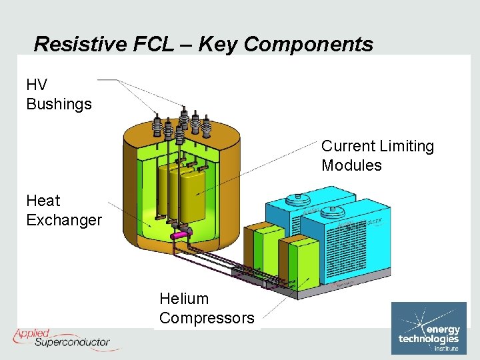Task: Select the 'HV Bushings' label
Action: (x=59, y=95)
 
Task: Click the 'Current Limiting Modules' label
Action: (x=377, y=155)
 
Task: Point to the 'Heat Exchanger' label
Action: (x=63, y=210)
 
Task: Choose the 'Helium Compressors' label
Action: (x=207, y=309)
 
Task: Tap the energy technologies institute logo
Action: (x=429, y=327)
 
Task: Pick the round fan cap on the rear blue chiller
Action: (x=297, y=199)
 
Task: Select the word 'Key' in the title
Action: (x=218, y=45)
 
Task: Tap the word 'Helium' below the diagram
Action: (x=184, y=299)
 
